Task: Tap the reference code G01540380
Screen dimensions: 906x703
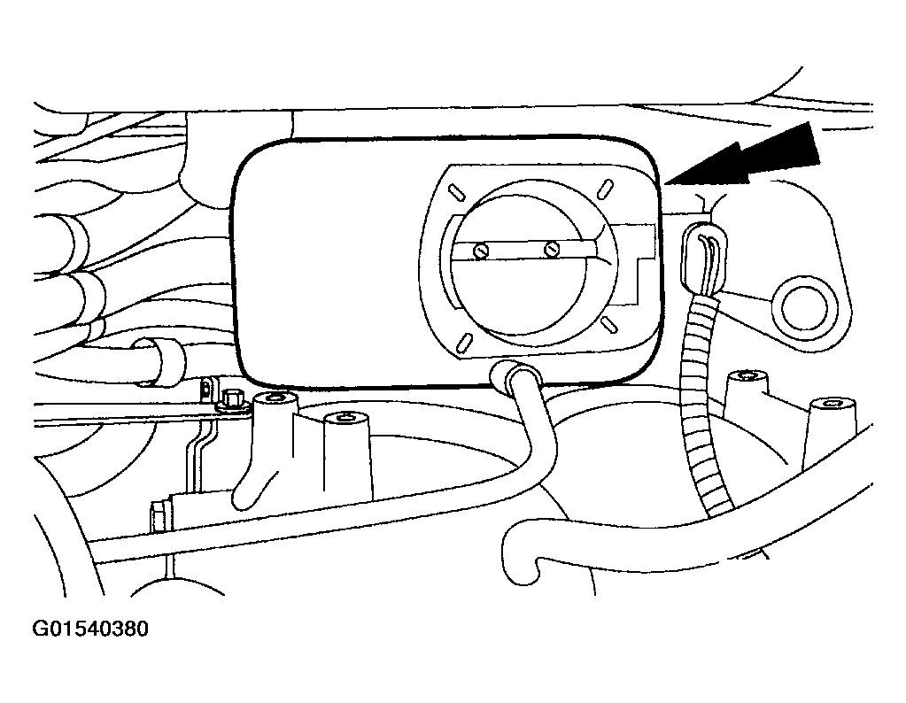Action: click(90, 629)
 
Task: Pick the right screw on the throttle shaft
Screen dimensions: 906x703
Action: click(553, 249)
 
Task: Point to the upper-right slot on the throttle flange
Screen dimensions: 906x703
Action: click(606, 188)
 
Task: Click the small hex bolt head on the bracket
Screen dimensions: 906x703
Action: click(230, 399)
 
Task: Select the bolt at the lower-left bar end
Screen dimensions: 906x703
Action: click(158, 517)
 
